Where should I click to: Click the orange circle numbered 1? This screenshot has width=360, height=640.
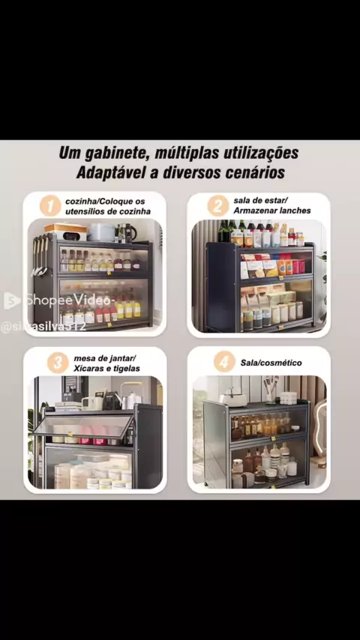pos(50,206)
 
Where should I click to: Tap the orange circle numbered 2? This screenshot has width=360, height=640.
pos(217,205)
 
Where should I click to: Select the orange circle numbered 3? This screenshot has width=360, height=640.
pos(58,363)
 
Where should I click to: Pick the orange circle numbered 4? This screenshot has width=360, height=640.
pos(224,362)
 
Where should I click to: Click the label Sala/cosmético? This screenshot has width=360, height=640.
pos(271,363)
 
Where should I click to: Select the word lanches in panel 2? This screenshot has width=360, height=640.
pos(295,211)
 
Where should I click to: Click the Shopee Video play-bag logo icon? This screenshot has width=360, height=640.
pos(11,301)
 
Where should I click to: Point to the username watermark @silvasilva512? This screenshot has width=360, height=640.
pos(43,327)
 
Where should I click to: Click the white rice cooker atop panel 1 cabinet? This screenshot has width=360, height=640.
pos(101,232)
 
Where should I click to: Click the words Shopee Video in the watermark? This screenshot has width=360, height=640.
pos(67,301)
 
